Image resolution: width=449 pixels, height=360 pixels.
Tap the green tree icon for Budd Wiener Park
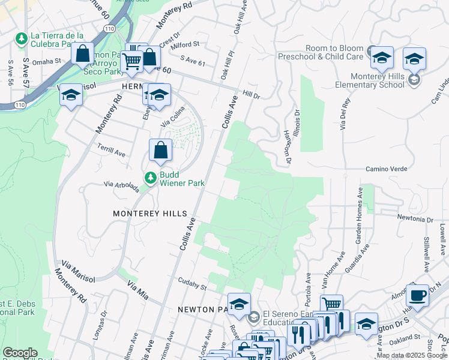[x=149, y=178]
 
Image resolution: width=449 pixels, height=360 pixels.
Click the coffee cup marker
[x=417, y=296]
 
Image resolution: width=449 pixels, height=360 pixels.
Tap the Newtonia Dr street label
[x=414, y=219]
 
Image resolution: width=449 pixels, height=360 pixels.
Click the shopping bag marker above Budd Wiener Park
[x=160, y=151]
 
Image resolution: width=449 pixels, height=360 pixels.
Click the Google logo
[x=20, y=353]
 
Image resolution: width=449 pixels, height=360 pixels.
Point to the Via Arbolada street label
[x=122, y=187]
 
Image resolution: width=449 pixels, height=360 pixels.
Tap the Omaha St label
[x=47, y=61]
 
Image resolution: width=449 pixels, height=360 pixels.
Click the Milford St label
[x=186, y=45]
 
